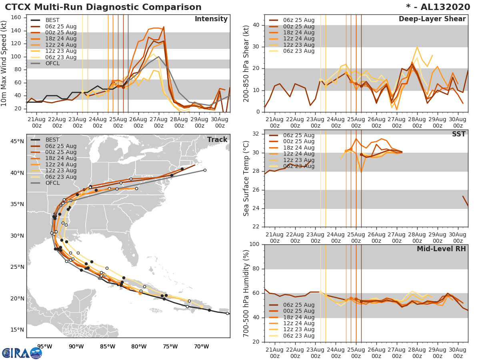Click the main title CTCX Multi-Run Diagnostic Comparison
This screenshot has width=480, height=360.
103,7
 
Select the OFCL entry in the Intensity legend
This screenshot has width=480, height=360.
52,64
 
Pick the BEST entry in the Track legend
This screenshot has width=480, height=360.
52,140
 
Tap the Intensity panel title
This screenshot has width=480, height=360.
211,19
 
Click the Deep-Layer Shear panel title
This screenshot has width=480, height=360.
432,19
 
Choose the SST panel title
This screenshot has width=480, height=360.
459,134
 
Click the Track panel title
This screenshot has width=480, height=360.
217,140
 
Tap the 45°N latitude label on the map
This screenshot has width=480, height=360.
17,141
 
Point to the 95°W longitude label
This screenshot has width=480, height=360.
44,346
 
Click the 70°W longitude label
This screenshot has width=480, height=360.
201,346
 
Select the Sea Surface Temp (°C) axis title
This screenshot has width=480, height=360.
246,178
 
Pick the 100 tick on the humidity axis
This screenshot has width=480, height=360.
254,244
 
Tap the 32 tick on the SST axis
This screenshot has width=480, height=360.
256,134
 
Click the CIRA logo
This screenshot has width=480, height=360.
22,353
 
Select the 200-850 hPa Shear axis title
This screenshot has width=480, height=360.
246,64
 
